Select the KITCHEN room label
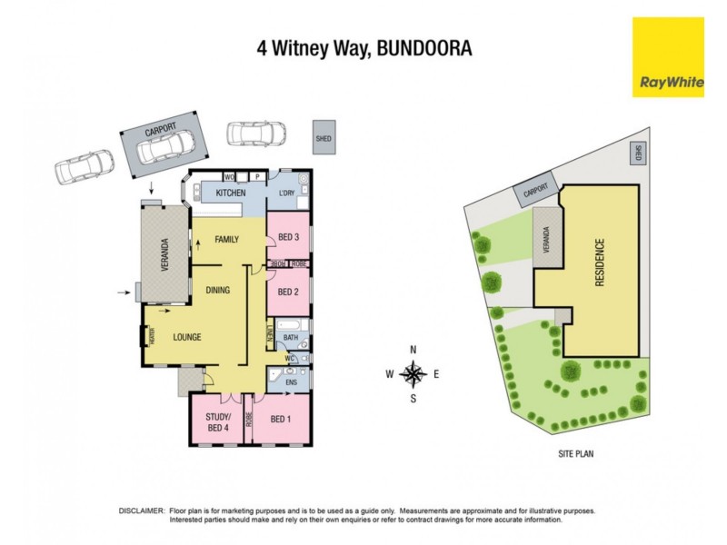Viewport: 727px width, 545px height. (231, 193)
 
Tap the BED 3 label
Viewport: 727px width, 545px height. (289, 237)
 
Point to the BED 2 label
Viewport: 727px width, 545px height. (289, 292)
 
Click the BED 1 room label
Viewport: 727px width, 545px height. (282, 419)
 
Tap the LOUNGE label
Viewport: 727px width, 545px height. (187, 337)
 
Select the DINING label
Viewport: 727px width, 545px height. (217, 291)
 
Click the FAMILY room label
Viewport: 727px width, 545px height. (226, 240)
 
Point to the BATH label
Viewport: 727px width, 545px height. (291, 339)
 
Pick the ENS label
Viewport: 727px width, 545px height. (291, 382)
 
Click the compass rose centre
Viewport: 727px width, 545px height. (413, 373)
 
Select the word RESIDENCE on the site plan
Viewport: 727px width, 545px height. (599, 263)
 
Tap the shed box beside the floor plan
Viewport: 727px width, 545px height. (323, 139)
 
